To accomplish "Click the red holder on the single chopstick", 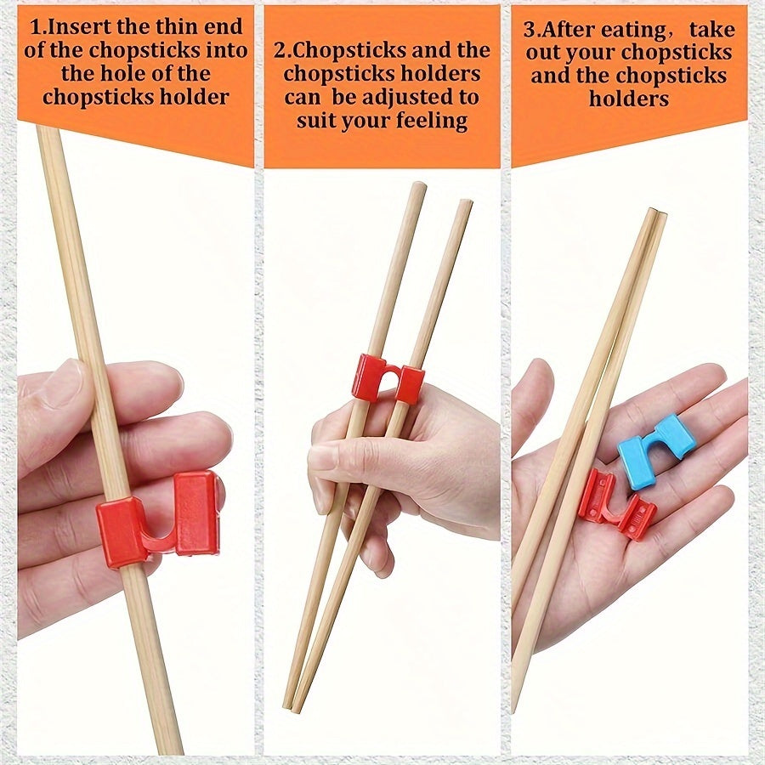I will click(x=158, y=518).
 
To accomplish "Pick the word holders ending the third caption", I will click(x=629, y=99).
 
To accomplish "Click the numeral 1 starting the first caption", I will click(x=35, y=27).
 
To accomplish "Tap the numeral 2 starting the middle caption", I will click(x=279, y=51).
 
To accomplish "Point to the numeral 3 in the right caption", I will click(x=529, y=30).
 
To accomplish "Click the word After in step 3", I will click(x=572, y=30).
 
